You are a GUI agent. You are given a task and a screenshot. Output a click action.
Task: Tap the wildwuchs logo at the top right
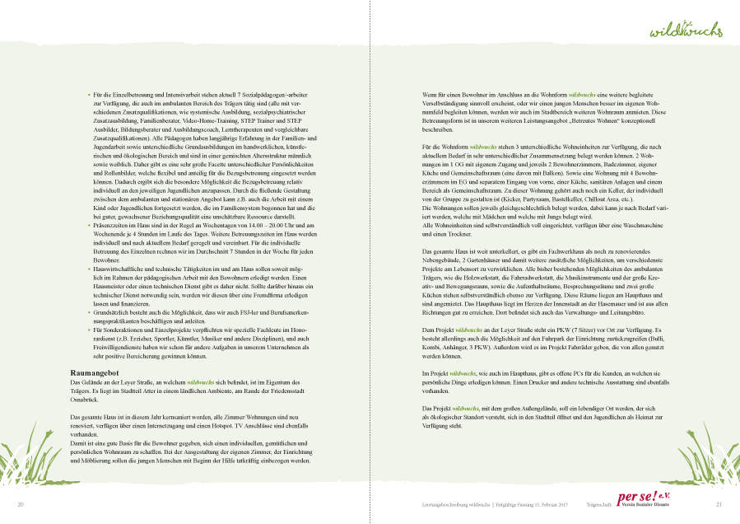[x=686, y=31]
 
